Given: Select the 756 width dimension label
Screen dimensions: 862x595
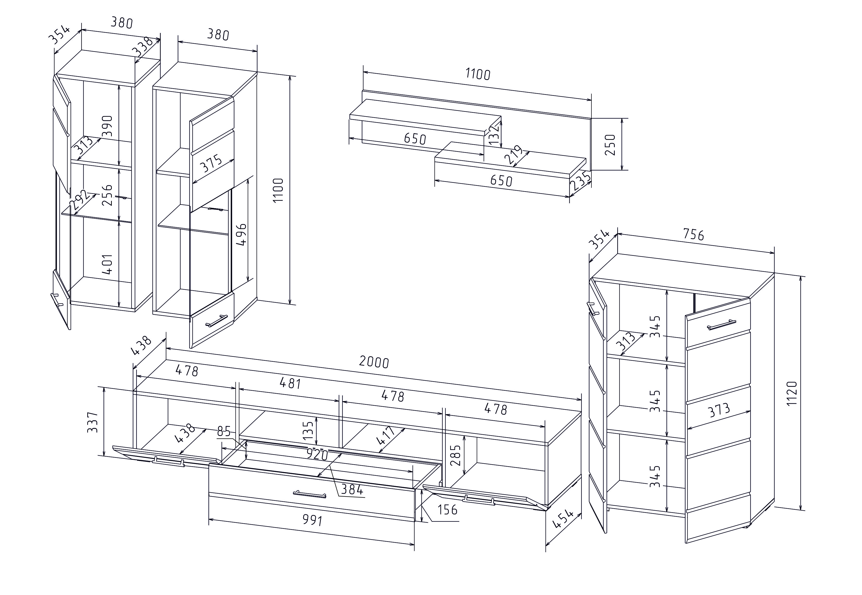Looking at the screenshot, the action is coord(693,234).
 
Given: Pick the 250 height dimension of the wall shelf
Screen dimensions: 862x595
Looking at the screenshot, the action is coord(610,145).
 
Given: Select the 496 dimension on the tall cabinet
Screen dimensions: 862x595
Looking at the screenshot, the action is coord(242,234).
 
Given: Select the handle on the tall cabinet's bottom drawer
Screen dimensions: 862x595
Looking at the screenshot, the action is coord(216,321).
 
